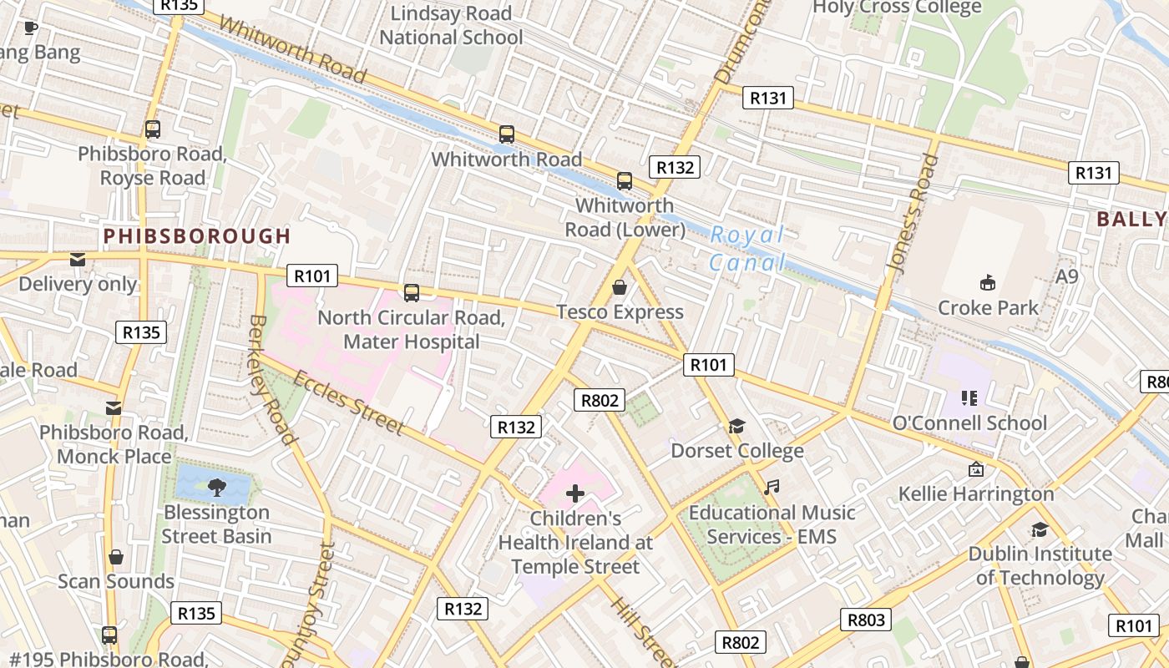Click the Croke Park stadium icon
(988, 283)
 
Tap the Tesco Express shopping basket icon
(620, 288)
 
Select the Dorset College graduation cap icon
(736, 427)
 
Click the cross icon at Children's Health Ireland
(574, 493)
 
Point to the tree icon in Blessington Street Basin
(216, 486)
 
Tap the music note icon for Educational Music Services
(772, 487)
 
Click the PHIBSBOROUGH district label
(197, 236)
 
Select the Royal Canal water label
(747, 249)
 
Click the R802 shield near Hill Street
(740, 641)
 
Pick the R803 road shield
(865, 620)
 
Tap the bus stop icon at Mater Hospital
(411, 293)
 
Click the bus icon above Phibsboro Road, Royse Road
(152, 129)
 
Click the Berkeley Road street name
(272, 380)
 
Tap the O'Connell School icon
(969, 397)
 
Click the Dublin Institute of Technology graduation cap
(1040, 529)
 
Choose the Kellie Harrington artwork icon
(975, 469)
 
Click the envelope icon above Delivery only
(78, 260)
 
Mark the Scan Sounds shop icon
(116, 557)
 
